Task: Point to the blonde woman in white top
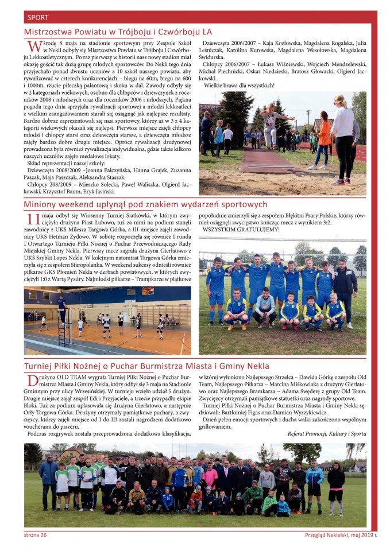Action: point(343,138)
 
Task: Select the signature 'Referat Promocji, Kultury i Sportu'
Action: point(326,434)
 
